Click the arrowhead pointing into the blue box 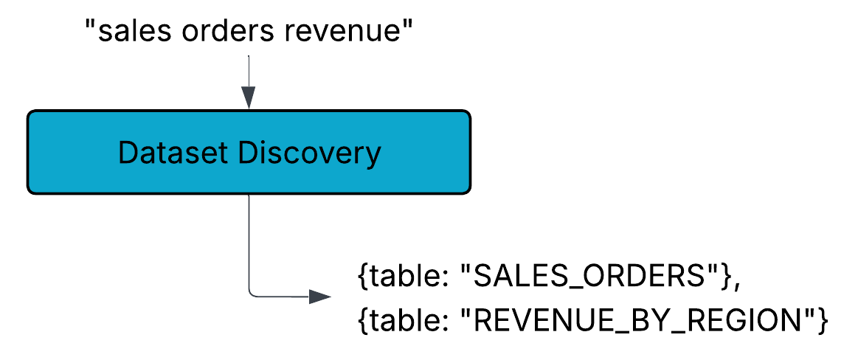249,98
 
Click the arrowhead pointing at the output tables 320,297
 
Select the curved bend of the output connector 252,294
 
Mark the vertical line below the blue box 249,240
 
